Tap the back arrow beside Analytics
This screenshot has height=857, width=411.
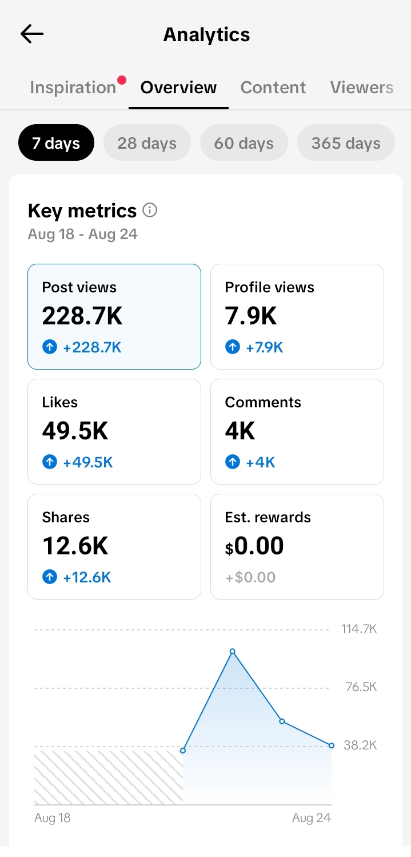(x=32, y=34)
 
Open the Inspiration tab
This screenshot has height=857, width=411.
(x=73, y=88)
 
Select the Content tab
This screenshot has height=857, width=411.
(x=273, y=88)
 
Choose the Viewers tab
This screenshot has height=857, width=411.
(x=362, y=88)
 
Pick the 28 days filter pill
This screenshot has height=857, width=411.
(x=147, y=142)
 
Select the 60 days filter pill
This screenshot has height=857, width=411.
(x=244, y=142)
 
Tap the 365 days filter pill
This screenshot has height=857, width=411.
(x=346, y=142)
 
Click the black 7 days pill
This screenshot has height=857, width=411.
(x=56, y=142)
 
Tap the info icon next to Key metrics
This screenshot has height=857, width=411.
(x=150, y=210)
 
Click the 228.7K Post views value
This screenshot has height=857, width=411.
(x=82, y=316)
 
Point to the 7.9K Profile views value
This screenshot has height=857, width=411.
(x=251, y=316)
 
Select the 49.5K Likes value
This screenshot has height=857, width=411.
(x=75, y=431)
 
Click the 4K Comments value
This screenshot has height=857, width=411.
(x=240, y=431)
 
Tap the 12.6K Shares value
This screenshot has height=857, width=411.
(x=75, y=546)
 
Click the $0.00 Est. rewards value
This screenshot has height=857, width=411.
(x=254, y=546)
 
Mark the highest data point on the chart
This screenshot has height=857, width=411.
(x=233, y=651)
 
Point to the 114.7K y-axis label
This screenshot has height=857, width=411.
(x=359, y=629)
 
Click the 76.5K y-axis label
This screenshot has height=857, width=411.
(x=361, y=687)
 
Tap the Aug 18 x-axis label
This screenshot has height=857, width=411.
(x=53, y=818)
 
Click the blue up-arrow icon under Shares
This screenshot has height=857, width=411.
(x=50, y=577)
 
